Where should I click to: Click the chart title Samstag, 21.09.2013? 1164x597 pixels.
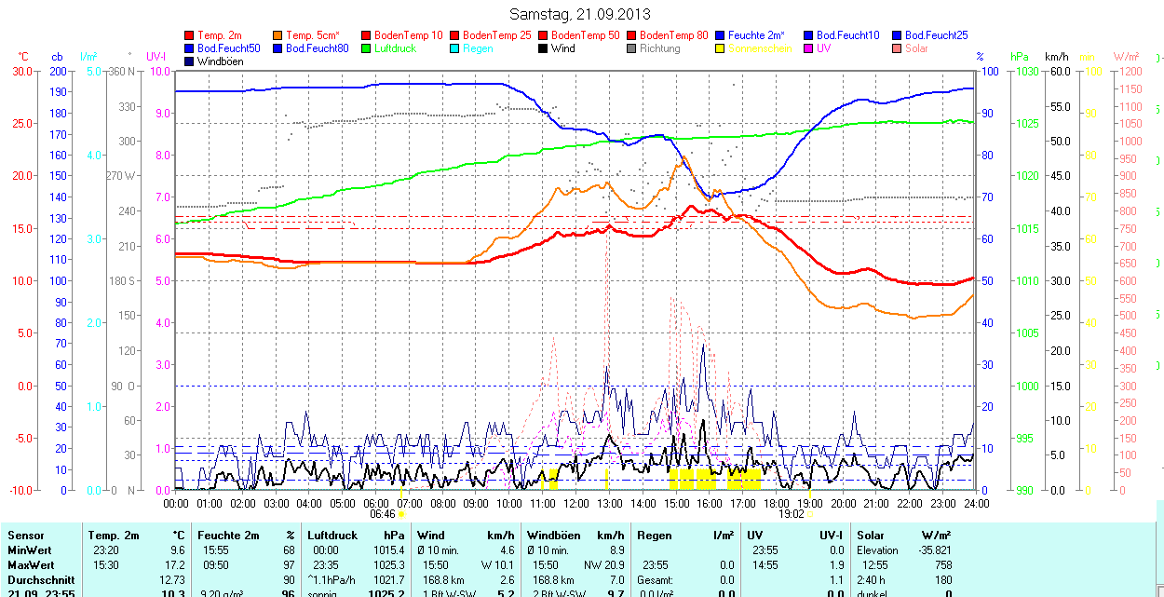(x=580, y=14)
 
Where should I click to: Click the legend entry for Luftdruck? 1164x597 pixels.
(x=395, y=48)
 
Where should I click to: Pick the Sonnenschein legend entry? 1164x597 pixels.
(x=760, y=48)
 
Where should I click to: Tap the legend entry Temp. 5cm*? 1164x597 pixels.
(x=313, y=35)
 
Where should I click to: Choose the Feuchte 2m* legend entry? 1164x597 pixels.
(x=756, y=35)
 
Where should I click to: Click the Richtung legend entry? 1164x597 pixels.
(x=659, y=48)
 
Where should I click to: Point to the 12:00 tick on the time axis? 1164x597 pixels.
(x=575, y=503)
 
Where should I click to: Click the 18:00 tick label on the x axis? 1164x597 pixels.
(x=776, y=503)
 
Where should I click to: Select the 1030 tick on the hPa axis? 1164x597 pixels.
(x=1026, y=71)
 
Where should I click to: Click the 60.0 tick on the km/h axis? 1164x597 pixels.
(x=1059, y=71)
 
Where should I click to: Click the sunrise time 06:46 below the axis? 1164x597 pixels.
(x=383, y=513)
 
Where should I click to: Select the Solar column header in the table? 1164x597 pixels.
(x=871, y=536)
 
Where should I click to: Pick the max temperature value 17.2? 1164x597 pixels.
(x=175, y=565)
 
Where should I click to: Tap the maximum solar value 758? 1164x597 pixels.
(x=941, y=565)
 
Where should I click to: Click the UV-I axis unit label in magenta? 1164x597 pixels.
(x=156, y=57)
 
